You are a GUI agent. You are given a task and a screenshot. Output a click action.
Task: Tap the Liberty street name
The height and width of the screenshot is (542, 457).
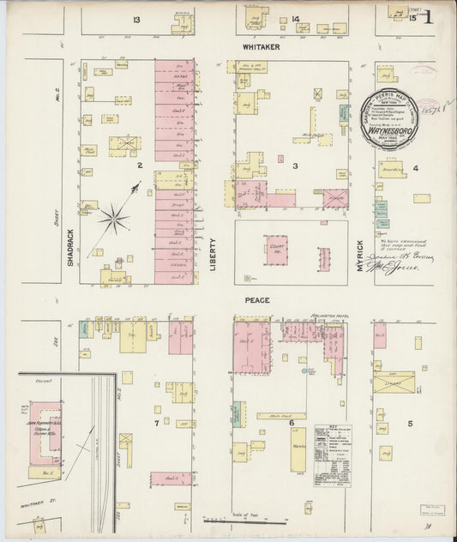(213, 255)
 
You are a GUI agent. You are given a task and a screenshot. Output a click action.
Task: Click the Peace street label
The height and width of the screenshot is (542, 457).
(257, 300)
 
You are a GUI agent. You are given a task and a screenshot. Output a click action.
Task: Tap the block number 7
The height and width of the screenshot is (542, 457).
(157, 423)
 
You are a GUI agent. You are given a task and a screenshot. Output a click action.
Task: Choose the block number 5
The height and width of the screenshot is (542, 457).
(410, 424)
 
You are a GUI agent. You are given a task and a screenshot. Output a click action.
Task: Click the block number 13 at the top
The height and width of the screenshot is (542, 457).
(136, 19)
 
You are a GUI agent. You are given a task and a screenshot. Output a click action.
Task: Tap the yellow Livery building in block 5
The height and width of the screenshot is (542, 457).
(394, 382)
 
